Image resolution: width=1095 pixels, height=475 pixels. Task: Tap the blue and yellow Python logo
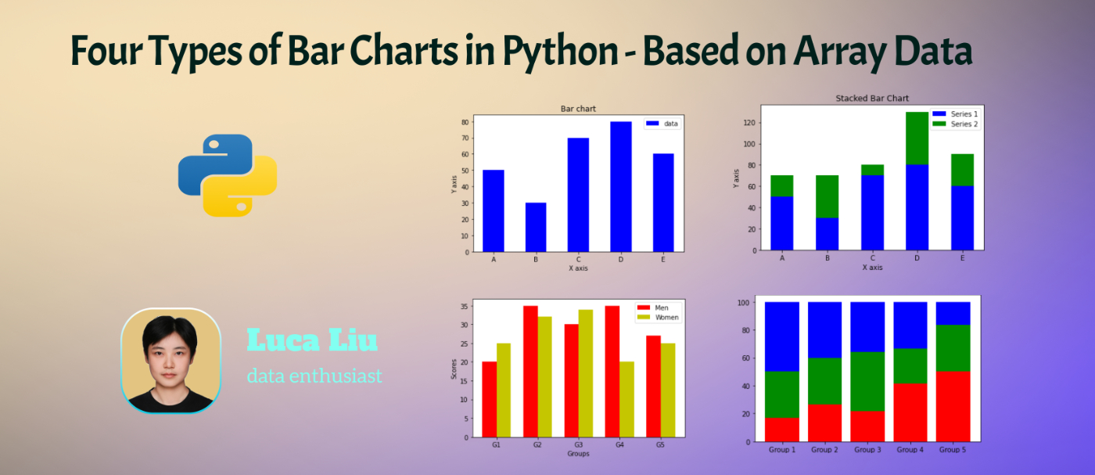point(228,175)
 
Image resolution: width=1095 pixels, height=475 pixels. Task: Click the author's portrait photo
point(171,361)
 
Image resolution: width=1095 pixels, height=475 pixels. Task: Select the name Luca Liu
point(312,340)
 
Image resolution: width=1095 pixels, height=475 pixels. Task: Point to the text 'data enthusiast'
point(314,376)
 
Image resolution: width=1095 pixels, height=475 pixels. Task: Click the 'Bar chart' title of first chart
point(578,109)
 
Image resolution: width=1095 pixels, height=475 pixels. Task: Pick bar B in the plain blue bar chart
point(536,227)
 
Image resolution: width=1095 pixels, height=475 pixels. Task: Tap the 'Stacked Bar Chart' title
point(872,99)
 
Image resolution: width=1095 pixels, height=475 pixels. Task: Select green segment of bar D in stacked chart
point(896,138)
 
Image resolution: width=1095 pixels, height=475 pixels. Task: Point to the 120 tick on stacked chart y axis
point(749,123)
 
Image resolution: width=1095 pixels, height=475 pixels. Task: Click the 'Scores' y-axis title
point(454,368)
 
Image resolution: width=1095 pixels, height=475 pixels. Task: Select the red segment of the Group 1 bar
point(782,430)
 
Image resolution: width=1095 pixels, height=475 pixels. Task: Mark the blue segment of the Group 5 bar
point(953,313)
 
